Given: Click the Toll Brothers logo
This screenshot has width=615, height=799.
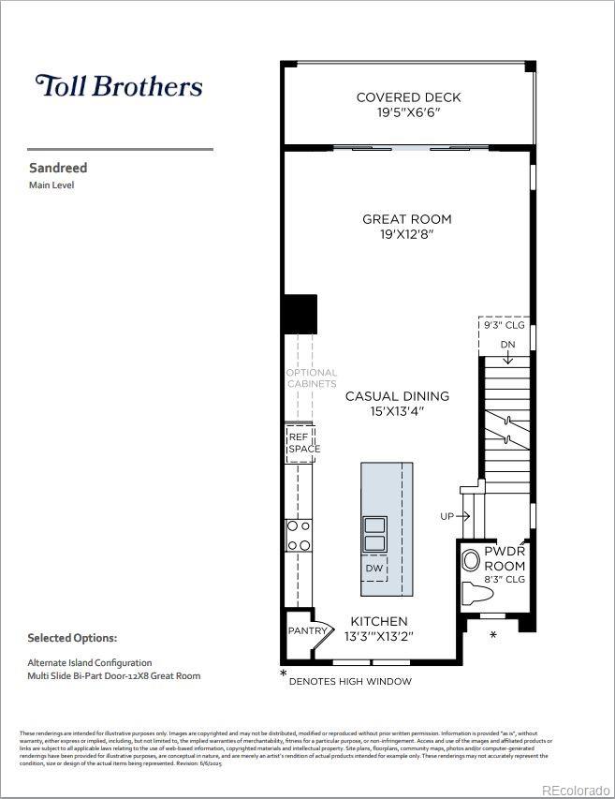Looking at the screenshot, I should [x=119, y=86].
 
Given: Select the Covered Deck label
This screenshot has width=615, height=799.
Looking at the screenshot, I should [x=408, y=97].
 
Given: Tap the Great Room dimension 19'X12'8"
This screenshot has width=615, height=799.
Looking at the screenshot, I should [x=406, y=235].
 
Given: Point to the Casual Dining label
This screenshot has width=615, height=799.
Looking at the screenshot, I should [x=397, y=396].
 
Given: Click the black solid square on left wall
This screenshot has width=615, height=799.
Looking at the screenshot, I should [x=300, y=315].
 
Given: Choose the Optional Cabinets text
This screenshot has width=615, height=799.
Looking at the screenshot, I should [x=311, y=378].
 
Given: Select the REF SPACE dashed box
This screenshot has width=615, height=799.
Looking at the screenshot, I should [x=302, y=443].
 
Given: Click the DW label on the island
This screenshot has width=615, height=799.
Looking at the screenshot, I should [x=373, y=569].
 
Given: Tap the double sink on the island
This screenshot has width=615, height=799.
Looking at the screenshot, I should [x=374, y=534].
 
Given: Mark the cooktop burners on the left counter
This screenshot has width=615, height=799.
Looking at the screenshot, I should [x=300, y=536].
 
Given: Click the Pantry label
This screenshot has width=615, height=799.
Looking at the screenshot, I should [x=306, y=630].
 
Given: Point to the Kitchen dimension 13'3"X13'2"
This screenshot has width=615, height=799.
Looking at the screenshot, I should [x=379, y=636].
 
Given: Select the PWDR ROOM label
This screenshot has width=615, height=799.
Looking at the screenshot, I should [x=505, y=559].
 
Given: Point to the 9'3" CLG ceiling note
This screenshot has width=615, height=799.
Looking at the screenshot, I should [x=504, y=327].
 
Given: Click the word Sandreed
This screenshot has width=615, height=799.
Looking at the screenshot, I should [x=58, y=169].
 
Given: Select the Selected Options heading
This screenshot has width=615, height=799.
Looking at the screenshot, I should [x=72, y=638].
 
